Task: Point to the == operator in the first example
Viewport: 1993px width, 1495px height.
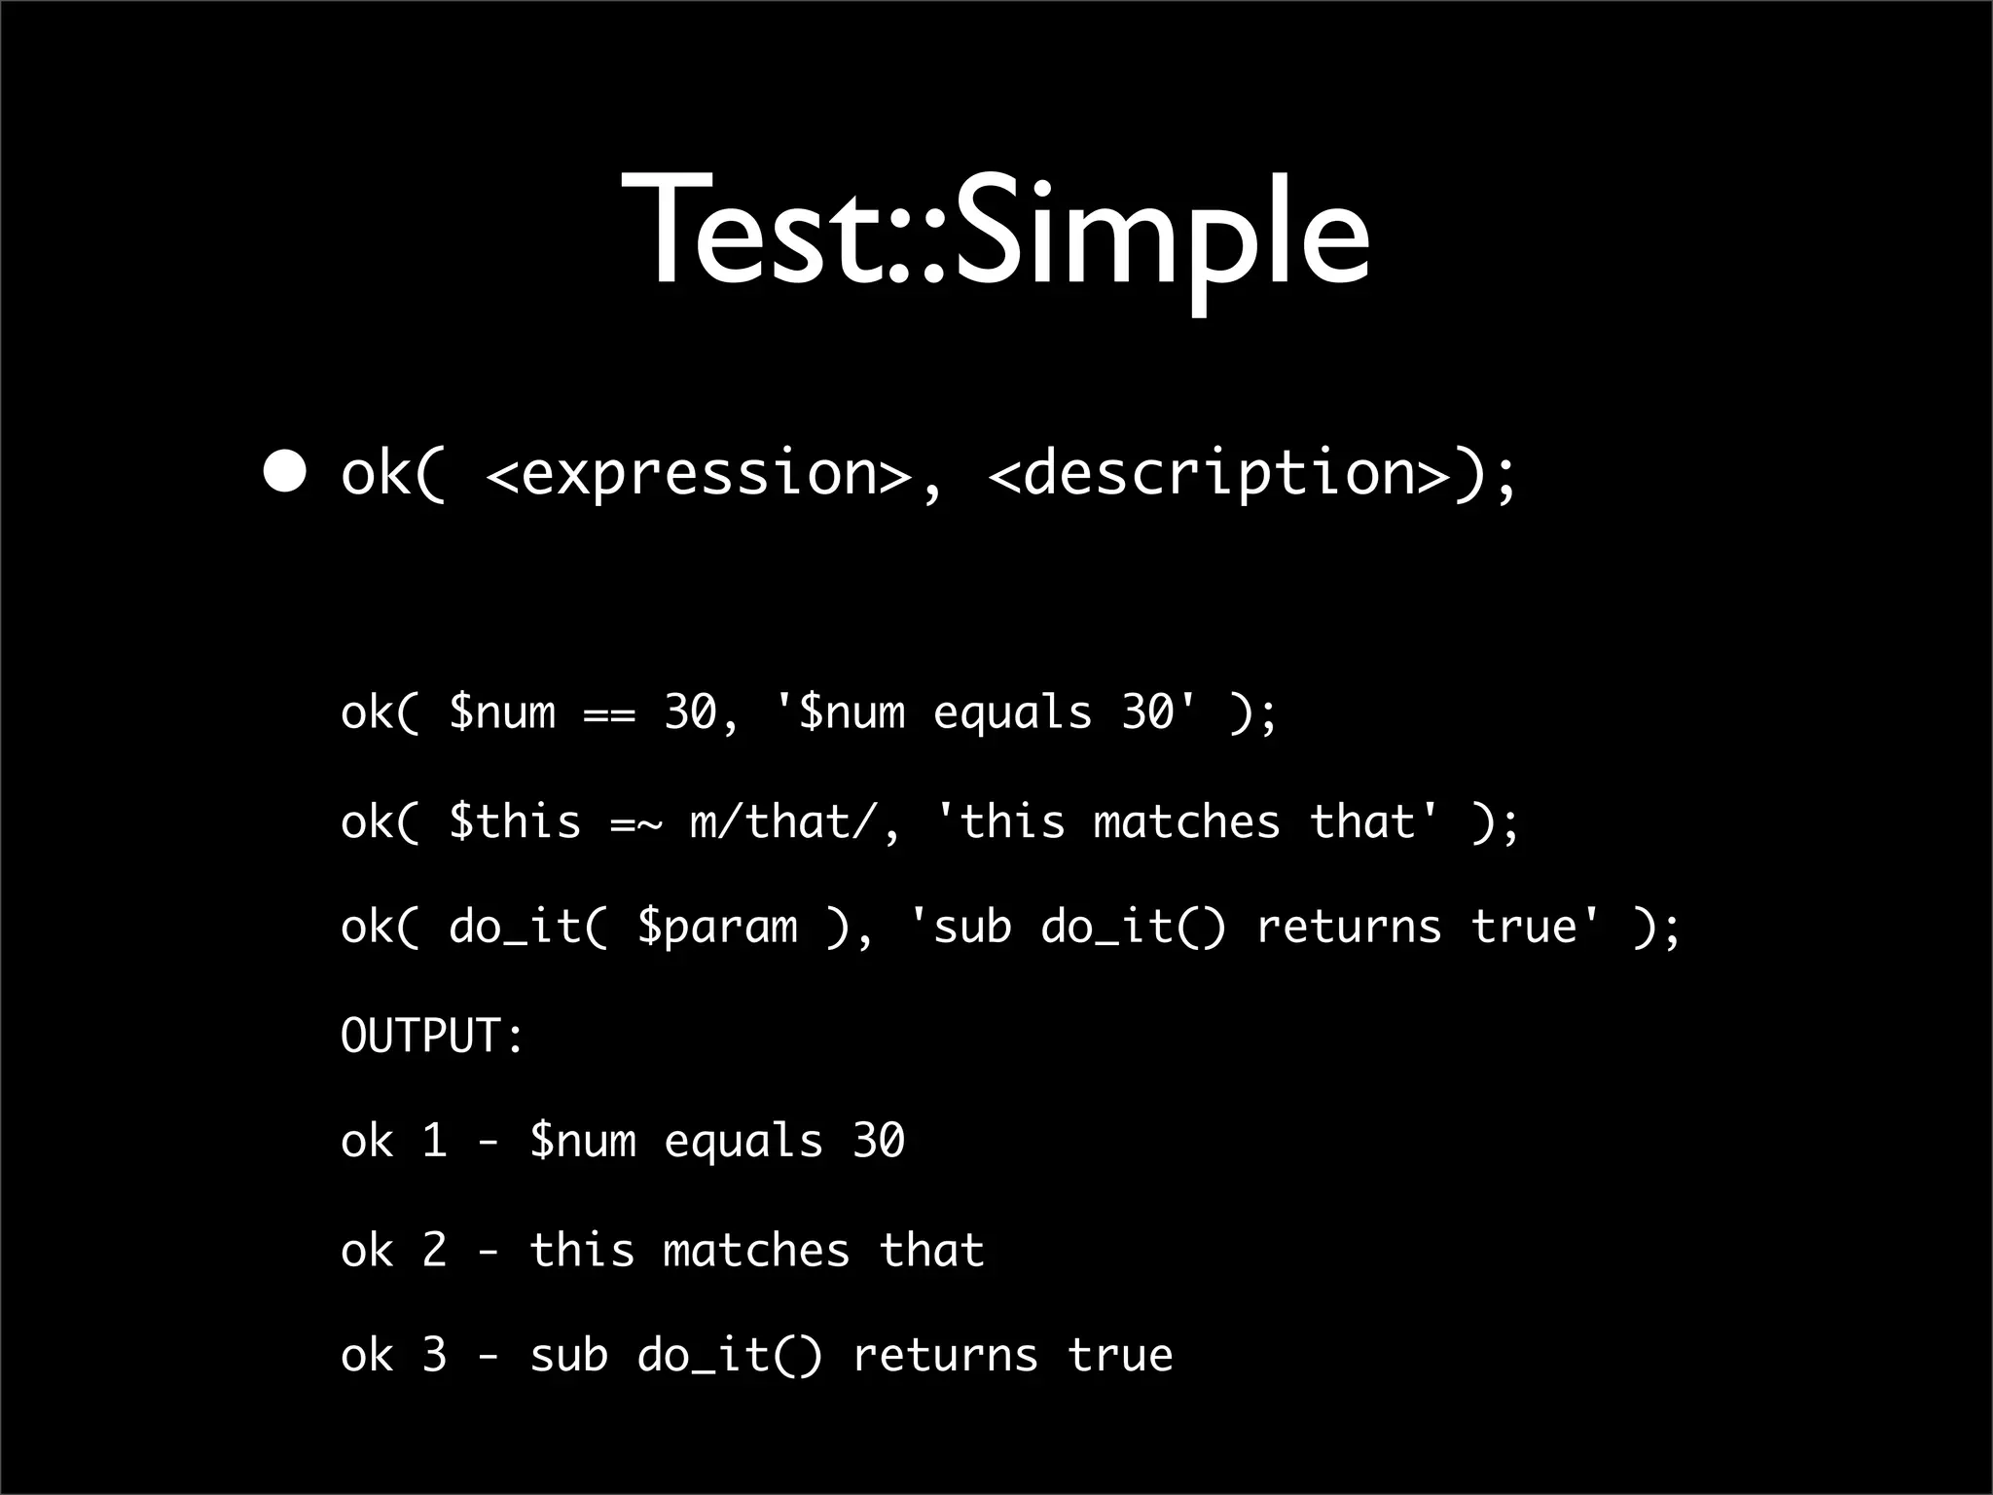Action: [609, 714]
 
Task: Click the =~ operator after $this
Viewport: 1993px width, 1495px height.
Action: [635, 823]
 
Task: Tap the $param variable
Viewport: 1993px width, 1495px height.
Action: [717, 928]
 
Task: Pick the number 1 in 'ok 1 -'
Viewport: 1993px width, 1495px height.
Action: [434, 1141]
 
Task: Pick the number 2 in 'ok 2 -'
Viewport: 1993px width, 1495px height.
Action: [434, 1250]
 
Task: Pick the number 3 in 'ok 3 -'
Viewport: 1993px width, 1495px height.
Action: [434, 1355]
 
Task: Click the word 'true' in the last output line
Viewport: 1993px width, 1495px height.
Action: [1120, 1355]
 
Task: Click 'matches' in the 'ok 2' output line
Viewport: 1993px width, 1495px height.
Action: [756, 1250]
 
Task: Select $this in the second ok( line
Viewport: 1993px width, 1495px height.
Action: [515, 822]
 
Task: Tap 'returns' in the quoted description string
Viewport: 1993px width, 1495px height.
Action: [1349, 927]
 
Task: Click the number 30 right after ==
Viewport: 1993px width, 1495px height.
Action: [690, 712]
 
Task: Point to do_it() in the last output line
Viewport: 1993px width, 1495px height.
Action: [730, 1356]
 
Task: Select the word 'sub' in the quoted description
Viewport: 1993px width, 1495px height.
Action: [972, 927]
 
